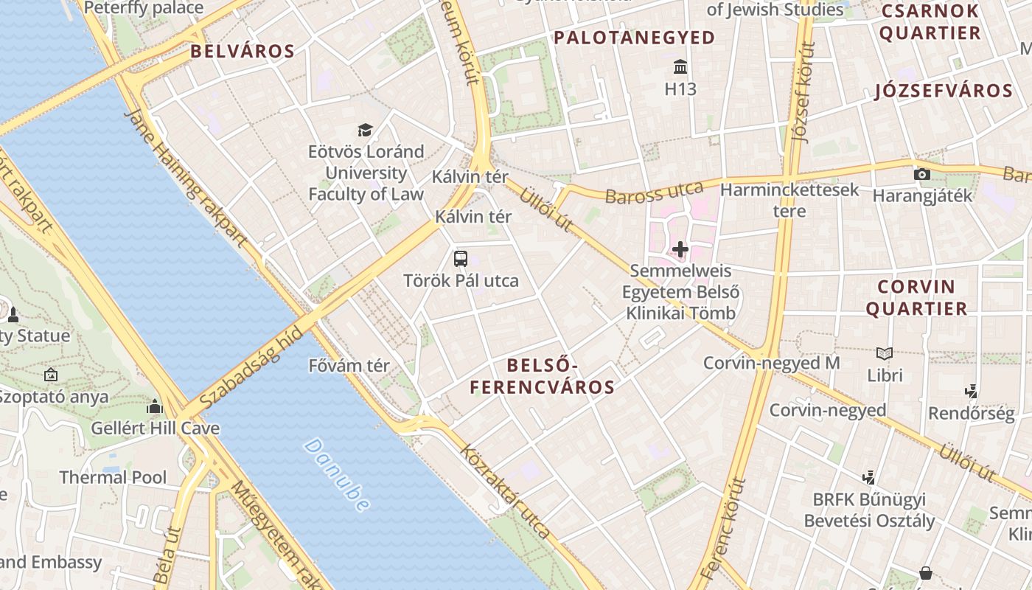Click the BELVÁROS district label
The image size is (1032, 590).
[x=243, y=51]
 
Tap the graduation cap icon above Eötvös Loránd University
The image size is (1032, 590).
[x=365, y=131]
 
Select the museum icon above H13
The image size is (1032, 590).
[x=680, y=68]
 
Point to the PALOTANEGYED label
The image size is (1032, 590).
[x=634, y=38]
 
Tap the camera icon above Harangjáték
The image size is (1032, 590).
[x=921, y=175]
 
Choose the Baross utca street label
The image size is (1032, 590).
[x=654, y=192]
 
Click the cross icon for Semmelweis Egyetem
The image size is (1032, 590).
[x=680, y=249]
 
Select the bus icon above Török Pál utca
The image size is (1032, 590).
[x=461, y=259]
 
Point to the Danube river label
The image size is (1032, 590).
[x=337, y=475]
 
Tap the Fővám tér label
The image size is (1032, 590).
[x=349, y=366]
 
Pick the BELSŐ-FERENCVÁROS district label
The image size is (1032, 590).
[x=543, y=376]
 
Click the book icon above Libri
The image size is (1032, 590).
[x=885, y=353]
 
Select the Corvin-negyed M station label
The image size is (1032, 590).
[x=771, y=363]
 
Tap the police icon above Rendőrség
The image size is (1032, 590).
[x=971, y=392]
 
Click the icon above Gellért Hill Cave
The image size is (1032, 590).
[x=155, y=406]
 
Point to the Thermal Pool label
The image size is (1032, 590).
[x=113, y=477]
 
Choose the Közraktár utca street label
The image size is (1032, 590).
[x=505, y=491]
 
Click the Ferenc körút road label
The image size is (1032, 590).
[x=723, y=527]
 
